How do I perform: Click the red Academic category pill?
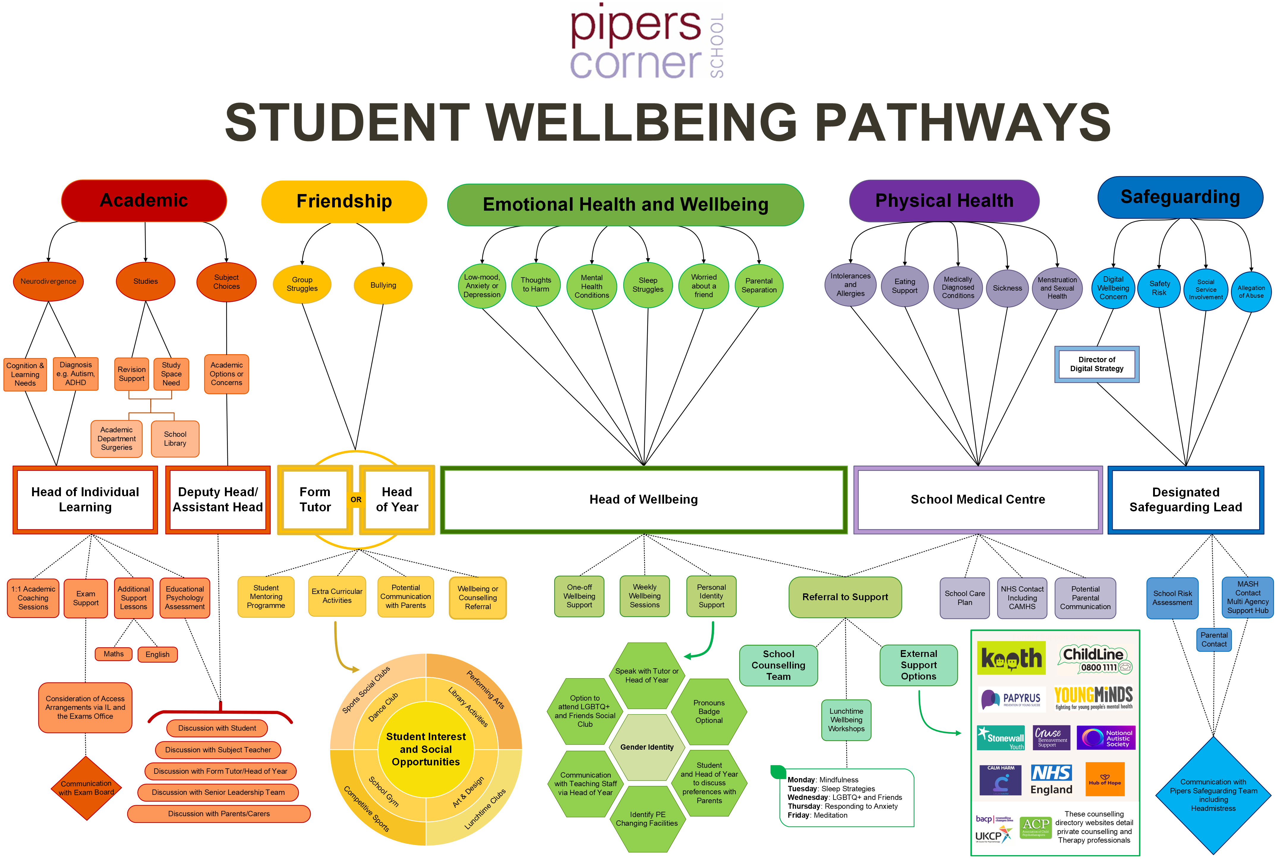click(x=144, y=201)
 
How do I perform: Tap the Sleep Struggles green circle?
click(x=647, y=285)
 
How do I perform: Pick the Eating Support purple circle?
click(x=904, y=286)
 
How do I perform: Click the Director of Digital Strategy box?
click(x=1097, y=364)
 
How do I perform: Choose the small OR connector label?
click(x=356, y=500)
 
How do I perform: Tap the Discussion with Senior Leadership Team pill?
click(x=218, y=792)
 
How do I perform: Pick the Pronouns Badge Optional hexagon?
click(x=709, y=712)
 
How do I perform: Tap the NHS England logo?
click(x=1051, y=780)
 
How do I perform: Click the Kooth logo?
click(x=1011, y=658)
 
